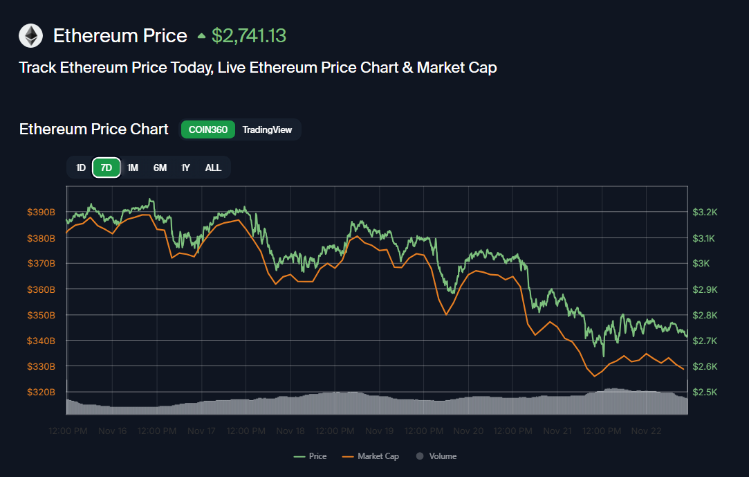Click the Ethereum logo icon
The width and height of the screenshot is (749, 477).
tap(30, 35)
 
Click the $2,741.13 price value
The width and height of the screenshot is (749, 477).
tap(248, 35)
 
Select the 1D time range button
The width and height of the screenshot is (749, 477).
tap(81, 168)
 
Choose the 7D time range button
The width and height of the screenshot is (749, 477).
tap(107, 168)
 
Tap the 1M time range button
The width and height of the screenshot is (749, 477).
tap(133, 168)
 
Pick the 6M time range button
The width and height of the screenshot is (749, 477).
tap(160, 168)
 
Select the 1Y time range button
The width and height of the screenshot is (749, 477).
tap(185, 168)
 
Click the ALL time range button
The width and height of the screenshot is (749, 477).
tap(213, 168)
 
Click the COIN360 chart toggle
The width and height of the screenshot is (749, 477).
tap(208, 129)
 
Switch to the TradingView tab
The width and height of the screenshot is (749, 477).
tap(267, 129)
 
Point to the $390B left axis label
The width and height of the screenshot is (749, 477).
tap(41, 213)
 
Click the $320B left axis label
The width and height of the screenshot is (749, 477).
tap(41, 393)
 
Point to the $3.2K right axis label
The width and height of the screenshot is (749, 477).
tap(705, 213)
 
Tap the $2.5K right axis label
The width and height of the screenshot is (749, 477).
tap(705, 393)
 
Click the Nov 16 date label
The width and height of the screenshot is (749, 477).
tap(112, 431)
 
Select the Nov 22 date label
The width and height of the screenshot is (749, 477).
tap(647, 431)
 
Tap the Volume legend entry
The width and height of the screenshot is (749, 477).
tap(436, 456)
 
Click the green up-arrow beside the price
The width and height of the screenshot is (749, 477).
tap(201, 35)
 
